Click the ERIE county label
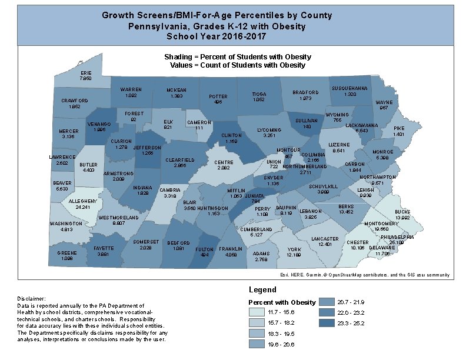coord(86,73)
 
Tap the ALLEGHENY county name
coord(75,202)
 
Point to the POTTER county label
coord(218,97)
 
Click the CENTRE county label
coord(224,162)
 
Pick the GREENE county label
coord(66,253)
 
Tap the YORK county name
coord(294,250)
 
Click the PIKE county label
coord(399,128)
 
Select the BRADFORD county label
coord(305,92)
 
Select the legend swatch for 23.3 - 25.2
coord(327,322)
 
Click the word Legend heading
coord(262,290)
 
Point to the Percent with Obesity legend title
coord(282,302)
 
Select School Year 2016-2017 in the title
coord(216,36)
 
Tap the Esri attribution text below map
coord(365,275)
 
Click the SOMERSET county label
coord(145,242)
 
